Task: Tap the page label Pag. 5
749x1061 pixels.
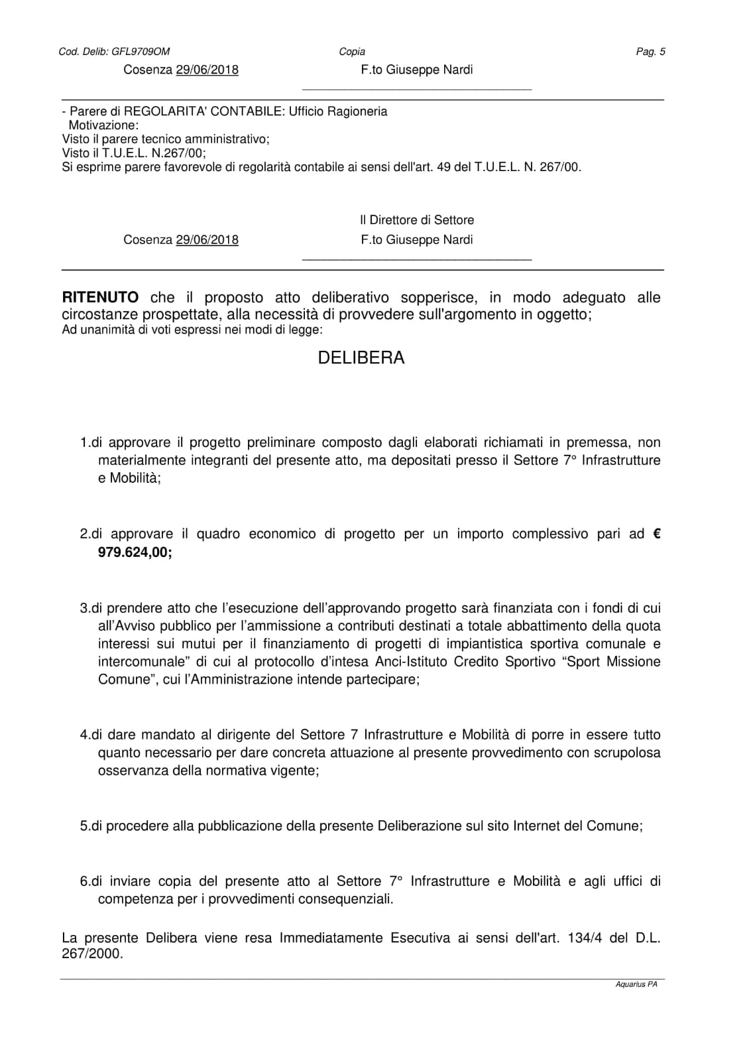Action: [x=650, y=52]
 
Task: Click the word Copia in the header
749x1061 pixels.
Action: [x=352, y=52]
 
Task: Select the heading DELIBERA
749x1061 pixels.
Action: [x=361, y=358]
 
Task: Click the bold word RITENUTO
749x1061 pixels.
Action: [x=100, y=298]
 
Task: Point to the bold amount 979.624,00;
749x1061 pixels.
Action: [x=135, y=552]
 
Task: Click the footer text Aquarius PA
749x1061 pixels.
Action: [x=636, y=985]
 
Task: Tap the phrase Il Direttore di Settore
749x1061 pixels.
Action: [x=417, y=220]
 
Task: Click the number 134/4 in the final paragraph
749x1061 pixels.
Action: [x=584, y=938]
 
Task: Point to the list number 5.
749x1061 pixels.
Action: [x=84, y=826]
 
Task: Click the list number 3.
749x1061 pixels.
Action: [x=84, y=608]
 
